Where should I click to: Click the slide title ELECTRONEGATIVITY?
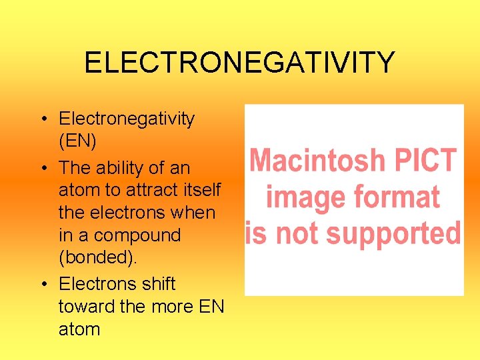239,63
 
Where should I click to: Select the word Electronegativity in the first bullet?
127,119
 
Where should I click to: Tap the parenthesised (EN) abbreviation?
77,141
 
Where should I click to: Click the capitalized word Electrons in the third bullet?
97,283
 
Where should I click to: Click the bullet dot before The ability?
42,169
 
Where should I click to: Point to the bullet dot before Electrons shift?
42,284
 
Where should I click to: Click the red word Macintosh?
318,161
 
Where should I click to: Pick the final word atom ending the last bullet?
79,329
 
